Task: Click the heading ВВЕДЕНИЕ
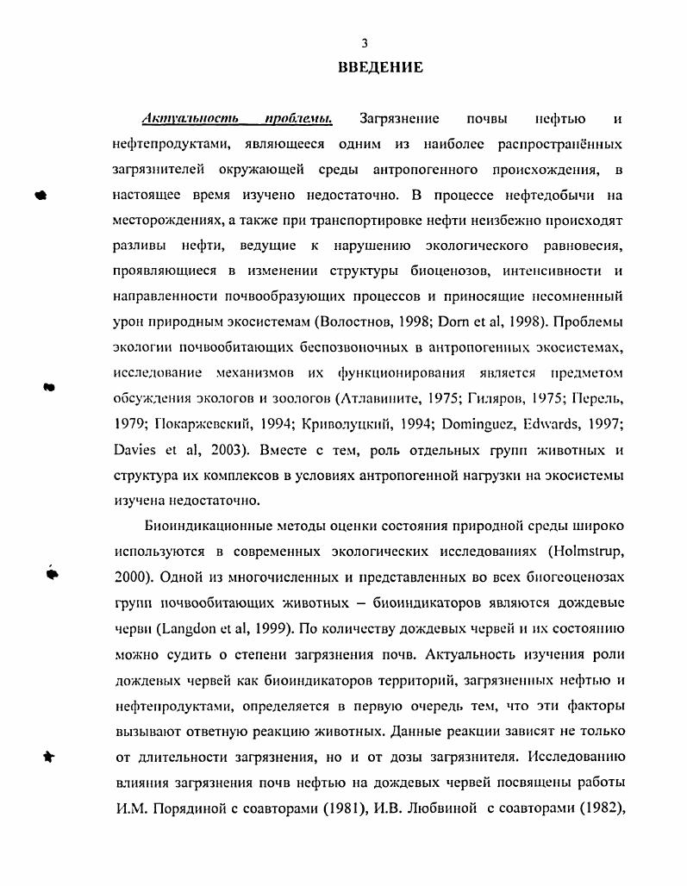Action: click(380, 67)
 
